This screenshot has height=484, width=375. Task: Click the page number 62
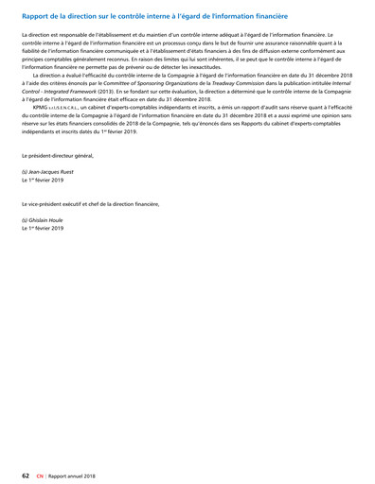(x=26, y=475)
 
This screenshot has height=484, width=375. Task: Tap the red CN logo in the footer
(x=40, y=475)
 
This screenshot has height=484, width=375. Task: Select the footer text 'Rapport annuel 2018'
(x=73, y=475)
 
